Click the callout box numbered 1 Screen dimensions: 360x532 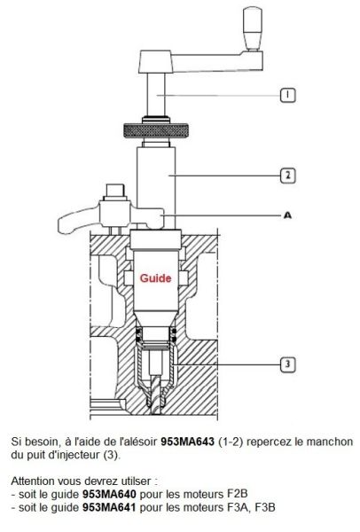[x=287, y=95]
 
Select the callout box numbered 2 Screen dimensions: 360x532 [x=287, y=176]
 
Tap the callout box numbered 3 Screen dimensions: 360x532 [x=287, y=364]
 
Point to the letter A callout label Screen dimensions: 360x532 [x=287, y=215]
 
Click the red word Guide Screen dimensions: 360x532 [x=155, y=278]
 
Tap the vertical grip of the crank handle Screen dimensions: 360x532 [x=253, y=29]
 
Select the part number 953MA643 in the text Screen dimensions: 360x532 [x=187, y=442]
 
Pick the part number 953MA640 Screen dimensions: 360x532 [x=109, y=494]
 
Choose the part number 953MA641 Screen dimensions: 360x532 [x=109, y=507]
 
